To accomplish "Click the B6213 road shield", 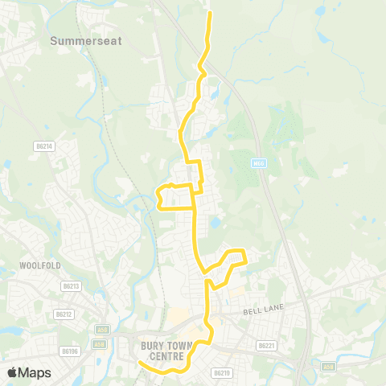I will [x=71, y=285].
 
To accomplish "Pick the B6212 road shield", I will [x=64, y=314].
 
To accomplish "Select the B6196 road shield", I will [x=69, y=351].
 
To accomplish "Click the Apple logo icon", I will [x=12, y=372].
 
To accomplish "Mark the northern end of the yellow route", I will [x=210, y=13].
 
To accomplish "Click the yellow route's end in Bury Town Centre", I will [x=138, y=362].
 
